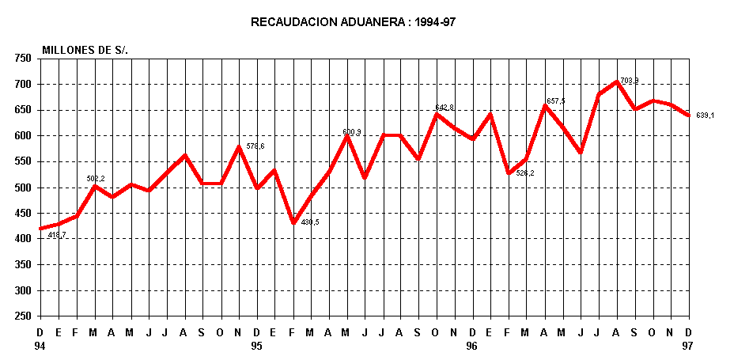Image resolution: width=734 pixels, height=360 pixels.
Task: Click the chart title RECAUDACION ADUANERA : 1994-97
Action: point(353,22)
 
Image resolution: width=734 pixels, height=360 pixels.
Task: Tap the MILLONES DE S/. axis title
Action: point(85,50)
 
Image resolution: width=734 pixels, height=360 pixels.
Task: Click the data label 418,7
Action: point(57,235)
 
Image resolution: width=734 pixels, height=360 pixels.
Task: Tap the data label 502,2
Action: point(96,178)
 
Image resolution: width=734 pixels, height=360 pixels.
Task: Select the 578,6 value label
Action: point(255,146)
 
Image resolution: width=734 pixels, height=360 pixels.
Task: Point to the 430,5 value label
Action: point(310,222)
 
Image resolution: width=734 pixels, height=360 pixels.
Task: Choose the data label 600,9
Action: point(352,132)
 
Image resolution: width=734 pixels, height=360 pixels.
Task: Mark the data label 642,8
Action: point(445,107)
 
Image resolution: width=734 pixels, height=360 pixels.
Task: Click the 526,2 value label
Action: point(525,172)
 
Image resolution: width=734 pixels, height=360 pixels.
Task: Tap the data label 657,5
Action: point(555,100)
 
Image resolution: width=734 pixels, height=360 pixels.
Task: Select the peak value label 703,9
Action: point(630,81)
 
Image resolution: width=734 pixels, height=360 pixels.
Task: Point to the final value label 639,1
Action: point(705,116)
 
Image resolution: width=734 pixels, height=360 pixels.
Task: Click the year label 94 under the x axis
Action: point(40,346)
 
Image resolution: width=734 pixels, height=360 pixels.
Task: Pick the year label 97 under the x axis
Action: point(688,346)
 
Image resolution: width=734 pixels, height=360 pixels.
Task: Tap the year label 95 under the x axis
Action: point(256,346)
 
